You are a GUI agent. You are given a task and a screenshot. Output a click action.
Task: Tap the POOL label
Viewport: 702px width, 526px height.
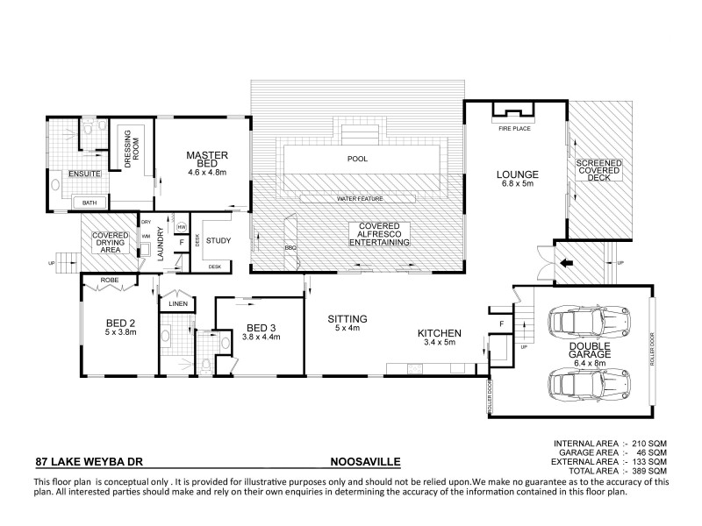[x=357, y=160]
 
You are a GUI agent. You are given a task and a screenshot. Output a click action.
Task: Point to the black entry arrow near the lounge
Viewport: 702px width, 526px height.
[x=568, y=260]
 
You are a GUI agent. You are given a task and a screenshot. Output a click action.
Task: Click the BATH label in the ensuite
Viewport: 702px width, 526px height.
[x=90, y=203]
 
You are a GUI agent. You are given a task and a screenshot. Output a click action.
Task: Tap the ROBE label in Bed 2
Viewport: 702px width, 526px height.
[x=110, y=281]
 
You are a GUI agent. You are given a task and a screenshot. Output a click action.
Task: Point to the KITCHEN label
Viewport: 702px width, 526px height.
[x=438, y=332]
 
